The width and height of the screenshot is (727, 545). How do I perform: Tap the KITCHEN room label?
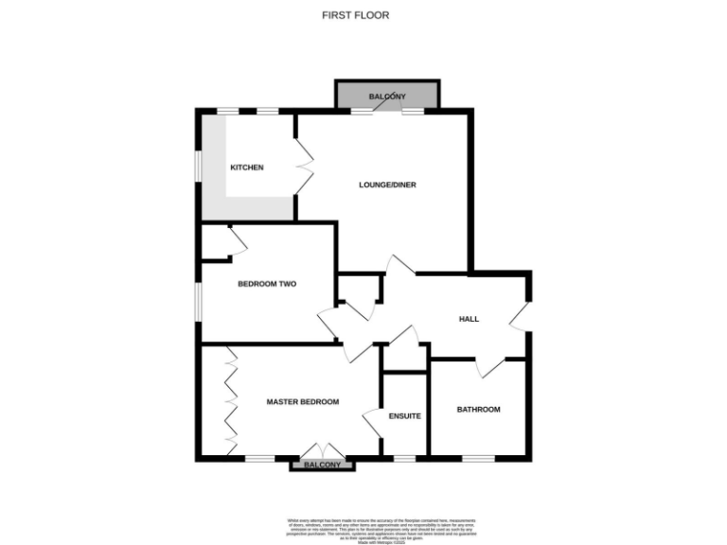point(246,167)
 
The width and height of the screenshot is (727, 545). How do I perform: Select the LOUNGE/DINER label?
point(388,185)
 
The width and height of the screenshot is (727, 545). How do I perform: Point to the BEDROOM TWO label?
point(267,284)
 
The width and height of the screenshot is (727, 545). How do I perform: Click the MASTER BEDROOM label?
point(302,402)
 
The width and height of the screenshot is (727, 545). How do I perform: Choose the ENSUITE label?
point(405,415)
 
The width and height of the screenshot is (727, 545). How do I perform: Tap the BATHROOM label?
point(478,410)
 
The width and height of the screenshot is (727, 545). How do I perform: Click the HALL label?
point(469,319)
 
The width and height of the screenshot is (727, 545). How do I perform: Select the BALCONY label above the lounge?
point(387,97)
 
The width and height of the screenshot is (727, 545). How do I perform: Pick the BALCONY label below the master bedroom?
point(322,466)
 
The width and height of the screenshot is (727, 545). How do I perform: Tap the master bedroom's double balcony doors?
point(322,451)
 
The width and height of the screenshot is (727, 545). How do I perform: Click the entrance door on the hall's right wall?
point(520,317)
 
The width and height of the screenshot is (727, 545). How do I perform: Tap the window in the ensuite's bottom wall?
point(405,459)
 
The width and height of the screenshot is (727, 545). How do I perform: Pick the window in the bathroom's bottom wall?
point(478,459)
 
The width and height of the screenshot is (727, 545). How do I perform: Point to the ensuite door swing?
point(372,422)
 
